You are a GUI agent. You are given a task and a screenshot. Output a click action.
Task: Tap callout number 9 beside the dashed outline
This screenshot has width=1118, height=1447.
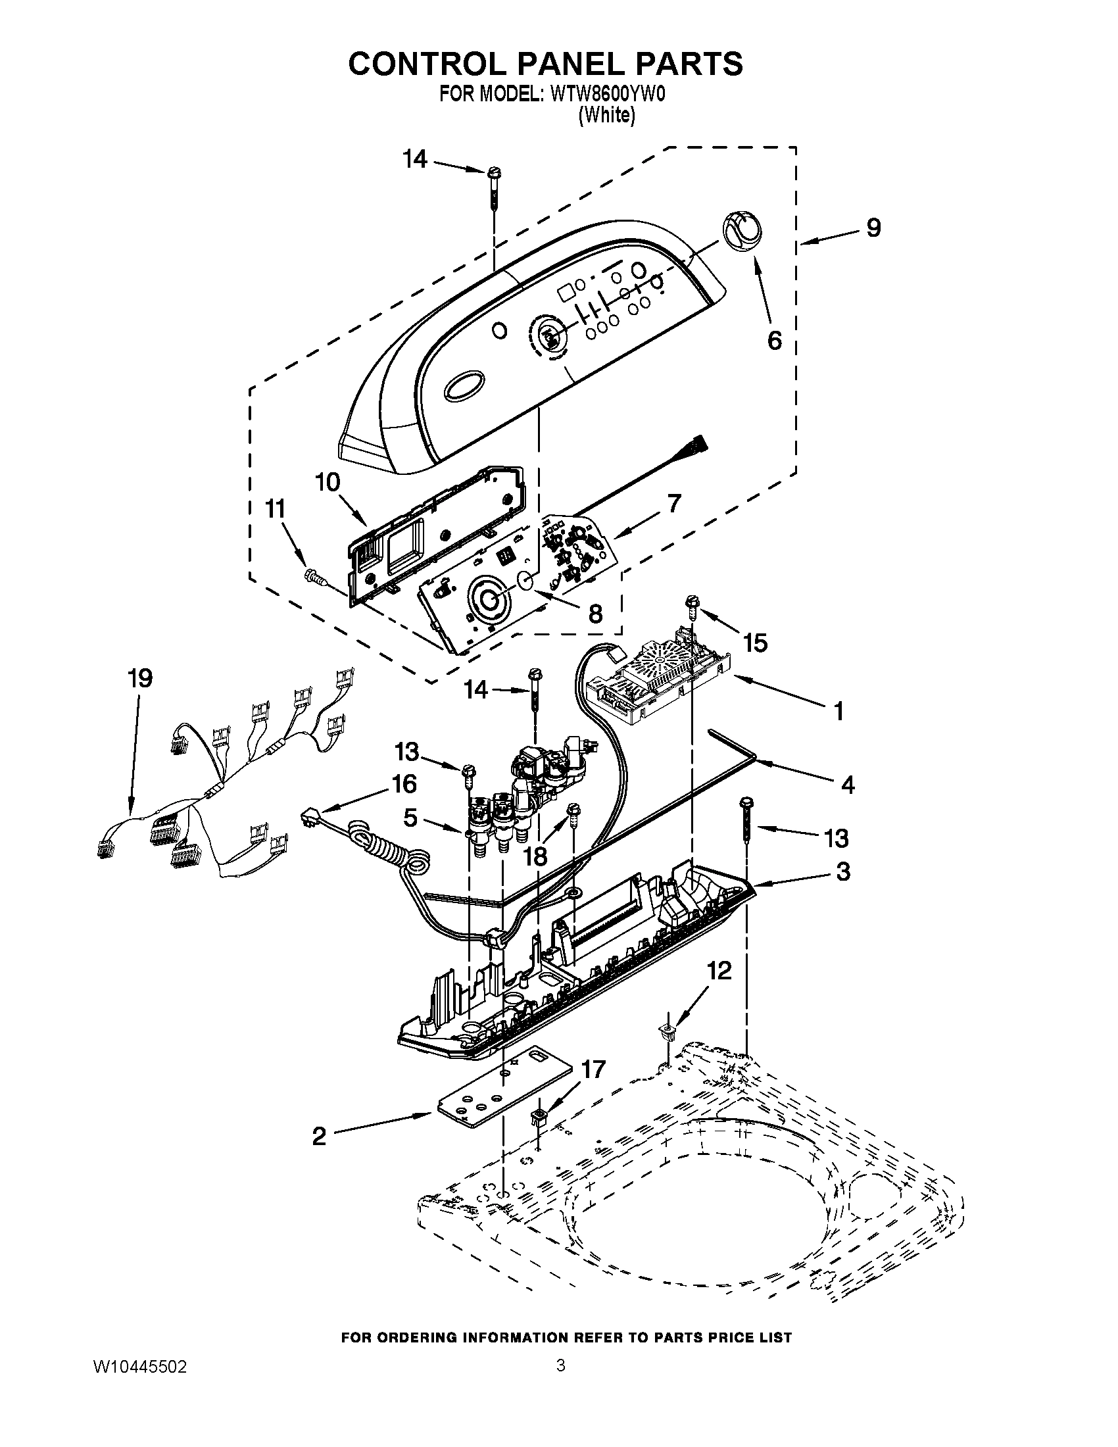click(873, 228)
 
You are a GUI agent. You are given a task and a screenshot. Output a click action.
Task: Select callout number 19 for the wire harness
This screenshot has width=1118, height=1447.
click(139, 679)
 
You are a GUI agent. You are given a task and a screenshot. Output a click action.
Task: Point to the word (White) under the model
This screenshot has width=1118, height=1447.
click(607, 115)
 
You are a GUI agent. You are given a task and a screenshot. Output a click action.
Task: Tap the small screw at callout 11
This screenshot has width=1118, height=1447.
click(315, 577)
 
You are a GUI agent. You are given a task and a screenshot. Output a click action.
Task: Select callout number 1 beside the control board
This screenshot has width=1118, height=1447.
click(838, 712)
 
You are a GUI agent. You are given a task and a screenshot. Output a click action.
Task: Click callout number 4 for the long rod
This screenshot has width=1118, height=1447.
click(847, 785)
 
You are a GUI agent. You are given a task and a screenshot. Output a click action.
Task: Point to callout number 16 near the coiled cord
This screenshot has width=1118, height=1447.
click(404, 784)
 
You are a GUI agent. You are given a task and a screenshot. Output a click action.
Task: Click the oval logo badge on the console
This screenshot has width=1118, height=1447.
click(466, 387)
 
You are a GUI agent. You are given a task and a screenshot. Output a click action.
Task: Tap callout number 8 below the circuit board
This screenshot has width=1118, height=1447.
click(595, 614)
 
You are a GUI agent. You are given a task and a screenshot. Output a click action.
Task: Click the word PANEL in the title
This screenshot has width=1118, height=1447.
click(545, 64)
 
